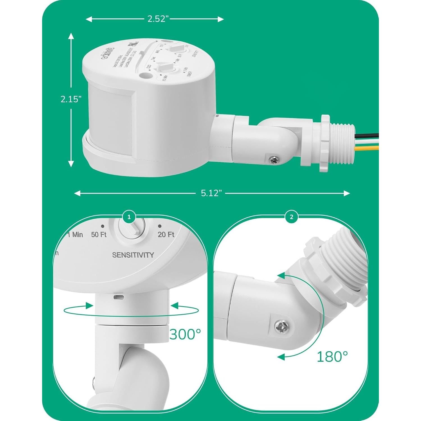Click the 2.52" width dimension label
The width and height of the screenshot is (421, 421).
point(158,19)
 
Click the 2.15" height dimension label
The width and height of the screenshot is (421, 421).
point(71,99)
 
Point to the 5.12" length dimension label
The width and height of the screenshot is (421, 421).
point(211,193)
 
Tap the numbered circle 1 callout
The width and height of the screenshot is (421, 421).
point(129,217)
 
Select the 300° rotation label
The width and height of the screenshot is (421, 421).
point(185,334)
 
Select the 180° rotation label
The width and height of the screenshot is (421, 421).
point(332,356)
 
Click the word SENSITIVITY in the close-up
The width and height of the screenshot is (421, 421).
point(133,255)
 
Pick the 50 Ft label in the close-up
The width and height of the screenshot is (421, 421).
point(99,235)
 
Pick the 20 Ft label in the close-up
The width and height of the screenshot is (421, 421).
point(166,235)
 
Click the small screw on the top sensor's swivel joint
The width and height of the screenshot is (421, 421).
point(273,160)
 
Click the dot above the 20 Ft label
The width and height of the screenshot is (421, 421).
point(160,226)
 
